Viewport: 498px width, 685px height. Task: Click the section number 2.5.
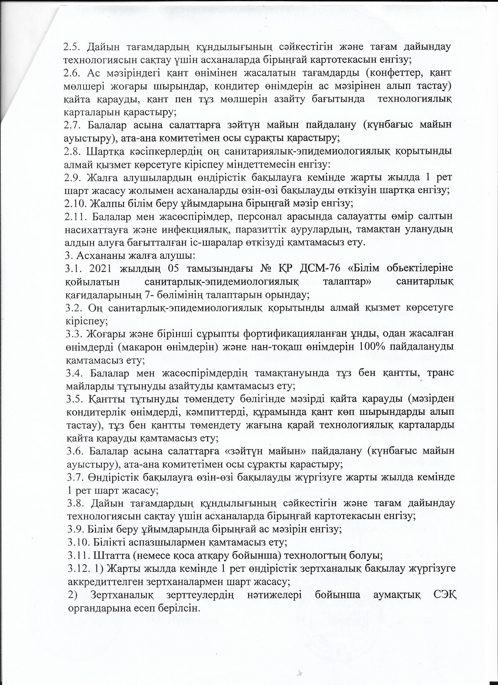pyautogui.click(x=71, y=47)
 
